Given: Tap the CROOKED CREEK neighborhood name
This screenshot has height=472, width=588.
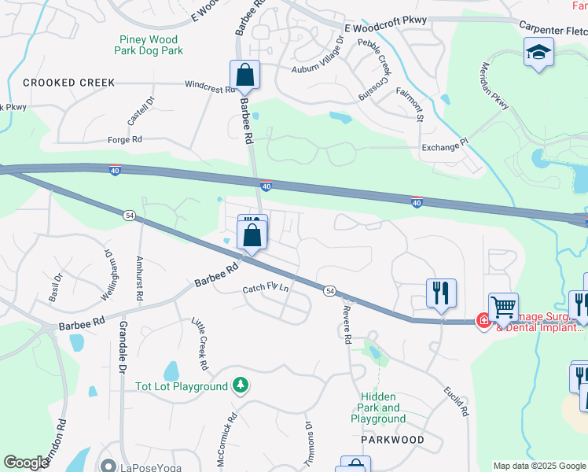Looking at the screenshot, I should tap(69, 83).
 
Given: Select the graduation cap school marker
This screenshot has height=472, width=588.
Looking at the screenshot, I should tap(539, 53).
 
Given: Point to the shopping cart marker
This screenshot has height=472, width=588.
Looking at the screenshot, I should tap(503, 307).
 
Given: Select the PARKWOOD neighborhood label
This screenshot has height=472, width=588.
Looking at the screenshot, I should tap(392, 440).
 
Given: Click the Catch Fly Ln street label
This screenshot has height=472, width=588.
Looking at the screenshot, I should tap(266, 289).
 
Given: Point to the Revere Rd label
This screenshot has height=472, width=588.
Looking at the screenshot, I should tap(345, 326).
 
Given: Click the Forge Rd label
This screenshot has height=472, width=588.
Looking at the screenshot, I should tap(125, 139).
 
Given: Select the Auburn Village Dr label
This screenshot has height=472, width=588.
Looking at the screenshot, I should tap(318, 57).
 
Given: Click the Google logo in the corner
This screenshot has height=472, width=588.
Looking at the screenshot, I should tap(26, 463).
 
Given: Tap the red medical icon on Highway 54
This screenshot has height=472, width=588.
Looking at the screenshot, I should tap(484, 320).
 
